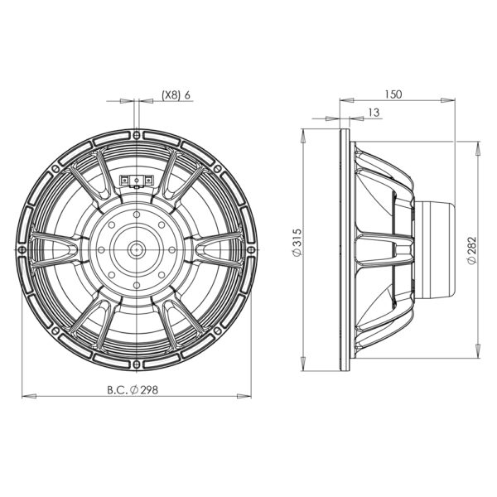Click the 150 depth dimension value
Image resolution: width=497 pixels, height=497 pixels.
tap(393, 94)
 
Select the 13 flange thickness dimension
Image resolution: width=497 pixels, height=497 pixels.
tap(374, 112)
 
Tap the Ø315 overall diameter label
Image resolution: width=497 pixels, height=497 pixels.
tap(297, 242)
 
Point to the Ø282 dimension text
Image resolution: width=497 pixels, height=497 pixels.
tap(472, 250)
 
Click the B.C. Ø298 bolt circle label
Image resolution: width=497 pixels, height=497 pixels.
tap(133, 390)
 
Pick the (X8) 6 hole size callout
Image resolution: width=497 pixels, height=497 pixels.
tap(176, 94)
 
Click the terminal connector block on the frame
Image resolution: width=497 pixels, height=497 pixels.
tap(137, 181)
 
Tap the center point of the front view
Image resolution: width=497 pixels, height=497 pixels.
tap(137, 250)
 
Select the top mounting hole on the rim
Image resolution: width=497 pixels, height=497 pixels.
tap(137, 135)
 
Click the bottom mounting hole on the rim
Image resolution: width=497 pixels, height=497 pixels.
tap(137, 364)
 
